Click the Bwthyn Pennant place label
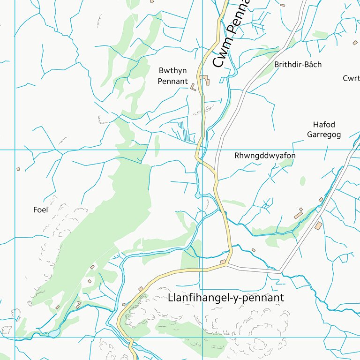(x=172, y=76)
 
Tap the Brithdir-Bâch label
(x=298, y=65)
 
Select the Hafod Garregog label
(x=323, y=129)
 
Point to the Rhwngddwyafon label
(x=265, y=156)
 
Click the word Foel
(x=41, y=210)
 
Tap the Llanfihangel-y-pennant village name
(x=225, y=298)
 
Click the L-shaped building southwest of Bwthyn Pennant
(x=193, y=87)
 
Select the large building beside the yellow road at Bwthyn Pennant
(x=205, y=80)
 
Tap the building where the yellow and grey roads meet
(x=223, y=262)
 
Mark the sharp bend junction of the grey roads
(x=280, y=271)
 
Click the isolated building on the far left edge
(x=18, y=169)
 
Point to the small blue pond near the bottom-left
(x=55, y=333)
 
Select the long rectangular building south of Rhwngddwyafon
(x=298, y=215)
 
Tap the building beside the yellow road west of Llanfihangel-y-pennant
(x=141, y=289)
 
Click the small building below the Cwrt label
(x=355, y=43)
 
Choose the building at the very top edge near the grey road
(x=282, y=5)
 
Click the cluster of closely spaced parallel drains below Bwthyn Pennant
(x=185, y=131)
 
